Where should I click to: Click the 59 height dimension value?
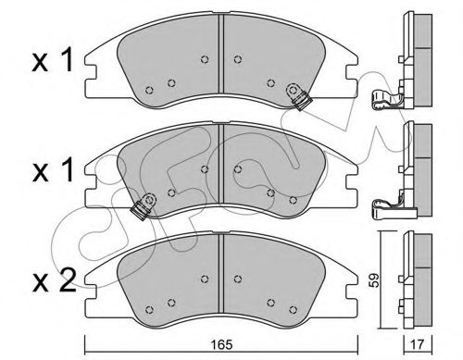coord(374,280)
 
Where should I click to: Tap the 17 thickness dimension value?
coord(418,344)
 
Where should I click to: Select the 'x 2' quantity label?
coord(54,280)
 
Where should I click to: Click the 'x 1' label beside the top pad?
coord(53,60)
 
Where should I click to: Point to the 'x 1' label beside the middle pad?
coord(53,170)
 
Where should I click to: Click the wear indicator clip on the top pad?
coord(298,95)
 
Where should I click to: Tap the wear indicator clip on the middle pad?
coord(144,206)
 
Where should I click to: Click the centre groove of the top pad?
coord(221,54)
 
